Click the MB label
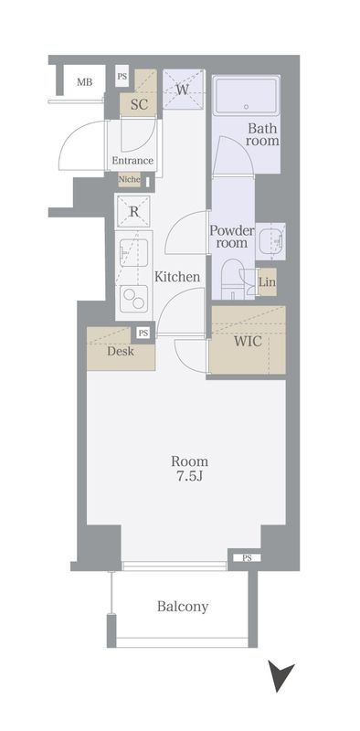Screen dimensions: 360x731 [84, 82]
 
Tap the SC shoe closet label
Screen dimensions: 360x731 [139, 104]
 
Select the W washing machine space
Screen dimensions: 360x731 [183, 89]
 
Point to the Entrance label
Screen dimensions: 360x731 [132, 161]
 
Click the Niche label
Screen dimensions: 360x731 [129, 179]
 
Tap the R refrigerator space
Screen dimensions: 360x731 [133, 212]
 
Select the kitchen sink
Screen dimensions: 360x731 [133, 253]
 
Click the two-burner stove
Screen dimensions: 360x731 [133, 298]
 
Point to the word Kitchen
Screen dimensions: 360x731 [177, 277]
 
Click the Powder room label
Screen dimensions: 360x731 [232, 237]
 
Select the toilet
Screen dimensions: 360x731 [233, 279]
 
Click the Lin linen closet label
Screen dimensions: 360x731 [267, 282]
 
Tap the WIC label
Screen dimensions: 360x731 [248, 341]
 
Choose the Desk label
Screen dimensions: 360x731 [121, 351]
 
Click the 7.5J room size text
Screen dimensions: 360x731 [189, 477]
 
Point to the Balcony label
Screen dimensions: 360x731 [183, 607]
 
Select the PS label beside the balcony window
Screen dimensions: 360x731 [247, 557]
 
